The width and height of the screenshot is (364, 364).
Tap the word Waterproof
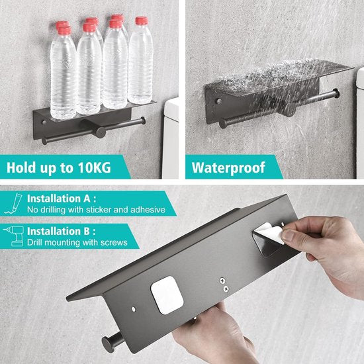coord(228,167)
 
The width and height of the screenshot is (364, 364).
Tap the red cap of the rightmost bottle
coord(141,21)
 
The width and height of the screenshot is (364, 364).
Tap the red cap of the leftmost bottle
coord(62,26)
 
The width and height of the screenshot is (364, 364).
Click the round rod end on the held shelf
coord(105,343)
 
